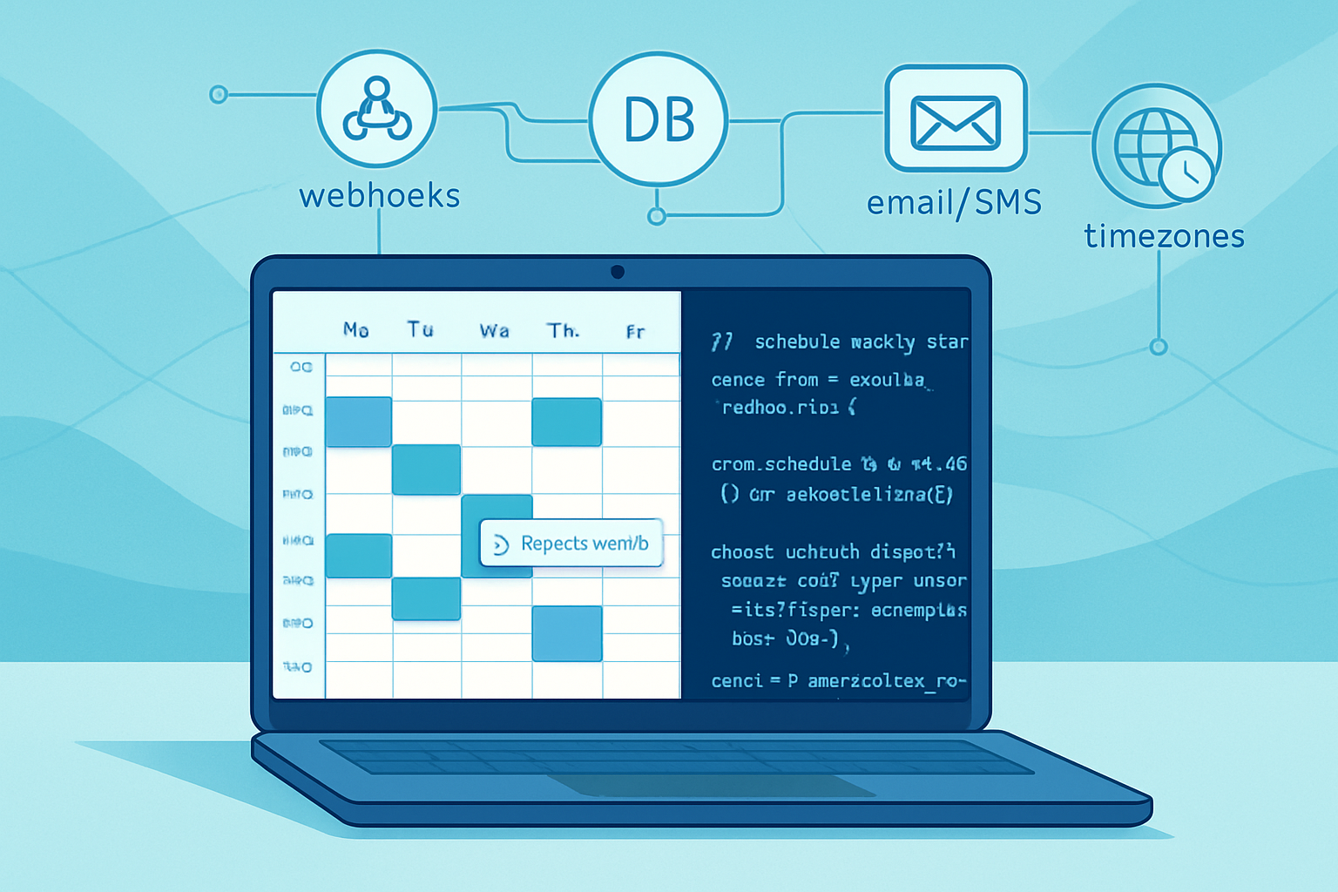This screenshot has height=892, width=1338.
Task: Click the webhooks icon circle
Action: [376, 109]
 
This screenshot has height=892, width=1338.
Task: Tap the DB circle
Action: [659, 119]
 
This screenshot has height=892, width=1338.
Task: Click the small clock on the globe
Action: [1185, 174]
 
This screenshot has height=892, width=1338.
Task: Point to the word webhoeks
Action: [380, 196]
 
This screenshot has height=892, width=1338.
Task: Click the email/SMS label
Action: [954, 203]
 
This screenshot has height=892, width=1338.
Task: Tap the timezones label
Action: [1164, 236]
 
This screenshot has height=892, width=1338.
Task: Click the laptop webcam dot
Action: [618, 272]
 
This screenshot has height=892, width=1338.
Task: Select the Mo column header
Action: [355, 329]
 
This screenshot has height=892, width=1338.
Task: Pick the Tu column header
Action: [420, 329]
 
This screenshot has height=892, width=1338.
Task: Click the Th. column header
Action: [563, 330]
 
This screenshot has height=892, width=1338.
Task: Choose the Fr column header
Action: [635, 331]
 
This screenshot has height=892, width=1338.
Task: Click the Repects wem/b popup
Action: [571, 544]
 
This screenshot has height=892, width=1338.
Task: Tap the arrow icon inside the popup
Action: [501, 545]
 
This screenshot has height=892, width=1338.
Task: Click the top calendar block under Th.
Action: [566, 422]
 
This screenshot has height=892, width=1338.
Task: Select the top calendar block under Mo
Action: [358, 422]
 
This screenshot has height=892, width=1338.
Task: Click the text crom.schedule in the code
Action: [780, 464]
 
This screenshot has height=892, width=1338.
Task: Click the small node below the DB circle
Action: [658, 216]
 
